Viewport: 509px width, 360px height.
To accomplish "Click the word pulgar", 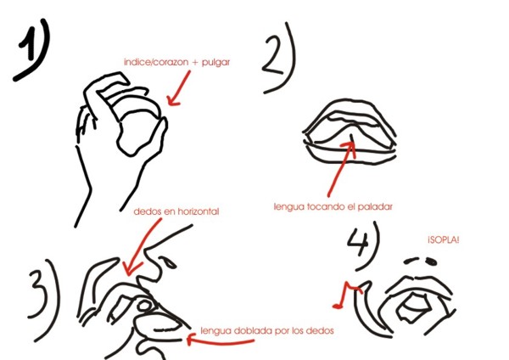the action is pyautogui.click(x=215, y=62).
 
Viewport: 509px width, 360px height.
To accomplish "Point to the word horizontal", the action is pyautogui.click(x=199, y=211).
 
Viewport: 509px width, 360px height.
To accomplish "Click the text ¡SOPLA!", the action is pyautogui.click(x=444, y=240).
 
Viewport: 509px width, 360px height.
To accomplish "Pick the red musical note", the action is pyautogui.click(x=347, y=295).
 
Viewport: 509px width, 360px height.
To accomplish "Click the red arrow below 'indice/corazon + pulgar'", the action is pyautogui.click(x=179, y=87).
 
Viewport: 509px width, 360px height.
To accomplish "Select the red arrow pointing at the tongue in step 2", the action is pyautogui.click(x=341, y=169).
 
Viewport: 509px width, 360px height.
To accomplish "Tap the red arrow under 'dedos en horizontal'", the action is pyautogui.click(x=142, y=247).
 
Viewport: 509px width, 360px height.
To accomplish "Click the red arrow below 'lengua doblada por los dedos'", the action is pyautogui.click(x=220, y=341).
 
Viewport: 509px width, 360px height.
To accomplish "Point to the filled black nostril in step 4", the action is pyautogui.click(x=431, y=261).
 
